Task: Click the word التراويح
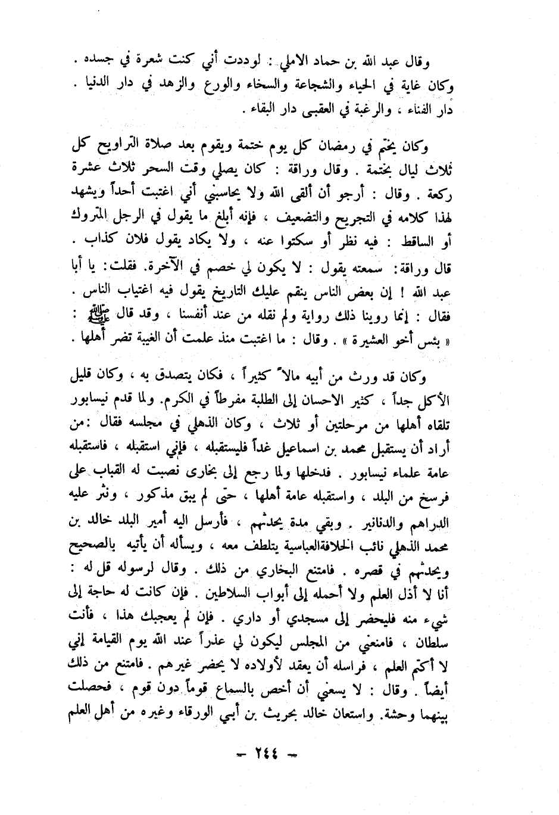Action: pos(135,147)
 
